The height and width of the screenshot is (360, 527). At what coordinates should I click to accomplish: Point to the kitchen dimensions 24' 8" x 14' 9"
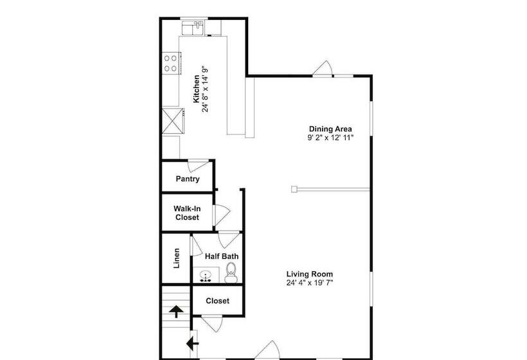pos(206,88)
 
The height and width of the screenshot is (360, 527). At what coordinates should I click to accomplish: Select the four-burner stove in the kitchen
pos(171,63)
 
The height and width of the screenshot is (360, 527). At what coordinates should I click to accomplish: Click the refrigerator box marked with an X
pos(171,120)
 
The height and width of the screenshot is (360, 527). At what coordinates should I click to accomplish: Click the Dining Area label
pos(330,129)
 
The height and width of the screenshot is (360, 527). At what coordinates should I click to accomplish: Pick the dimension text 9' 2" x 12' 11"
pos(330,138)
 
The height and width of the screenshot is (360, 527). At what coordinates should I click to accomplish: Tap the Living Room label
pos(309,274)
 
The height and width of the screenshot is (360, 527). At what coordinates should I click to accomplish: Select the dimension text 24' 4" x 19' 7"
pos(309,283)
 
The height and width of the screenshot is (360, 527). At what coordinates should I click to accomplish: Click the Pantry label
pos(187,179)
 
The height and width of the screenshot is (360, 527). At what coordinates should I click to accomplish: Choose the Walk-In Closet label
pos(187,213)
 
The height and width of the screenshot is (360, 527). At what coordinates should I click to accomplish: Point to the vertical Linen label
pos(176,258)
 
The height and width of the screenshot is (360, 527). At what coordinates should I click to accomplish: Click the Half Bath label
pos(222,256)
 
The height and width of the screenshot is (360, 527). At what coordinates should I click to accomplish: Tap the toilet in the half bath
pos(231,274)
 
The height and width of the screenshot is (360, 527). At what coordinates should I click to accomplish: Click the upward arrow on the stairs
pos(175,312)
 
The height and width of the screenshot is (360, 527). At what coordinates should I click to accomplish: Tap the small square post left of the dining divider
pos(294,189)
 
